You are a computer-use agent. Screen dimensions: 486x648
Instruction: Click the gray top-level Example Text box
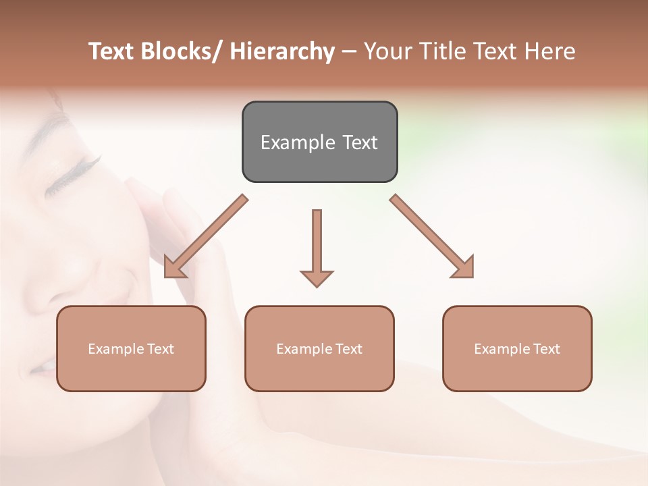pos(319,142)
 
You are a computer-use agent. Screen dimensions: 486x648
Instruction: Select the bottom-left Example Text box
pos(131,348)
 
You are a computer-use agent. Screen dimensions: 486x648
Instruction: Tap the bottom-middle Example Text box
pos(319,348)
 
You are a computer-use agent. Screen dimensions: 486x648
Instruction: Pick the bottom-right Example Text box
pos(517,348)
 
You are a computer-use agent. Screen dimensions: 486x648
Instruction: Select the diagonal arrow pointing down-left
pos(206,236)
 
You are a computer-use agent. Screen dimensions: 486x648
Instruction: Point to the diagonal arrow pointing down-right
pos(432,236)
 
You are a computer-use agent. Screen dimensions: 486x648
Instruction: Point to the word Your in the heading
pos(385,51)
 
